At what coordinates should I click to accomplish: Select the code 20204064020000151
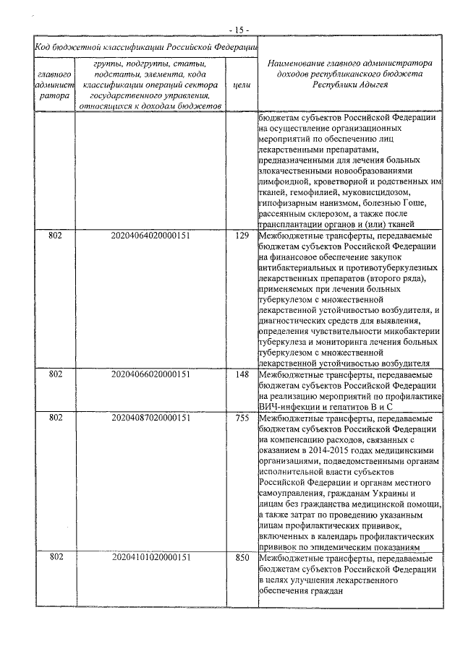[151, 236]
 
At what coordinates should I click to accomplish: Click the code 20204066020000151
[151, 374]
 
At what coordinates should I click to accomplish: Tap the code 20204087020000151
[151, 418]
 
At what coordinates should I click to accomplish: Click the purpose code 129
[242, 236]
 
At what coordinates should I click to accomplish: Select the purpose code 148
[242, 374]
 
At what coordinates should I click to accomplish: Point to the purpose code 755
[242, 418]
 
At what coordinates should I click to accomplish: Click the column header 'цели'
[243, 85]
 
